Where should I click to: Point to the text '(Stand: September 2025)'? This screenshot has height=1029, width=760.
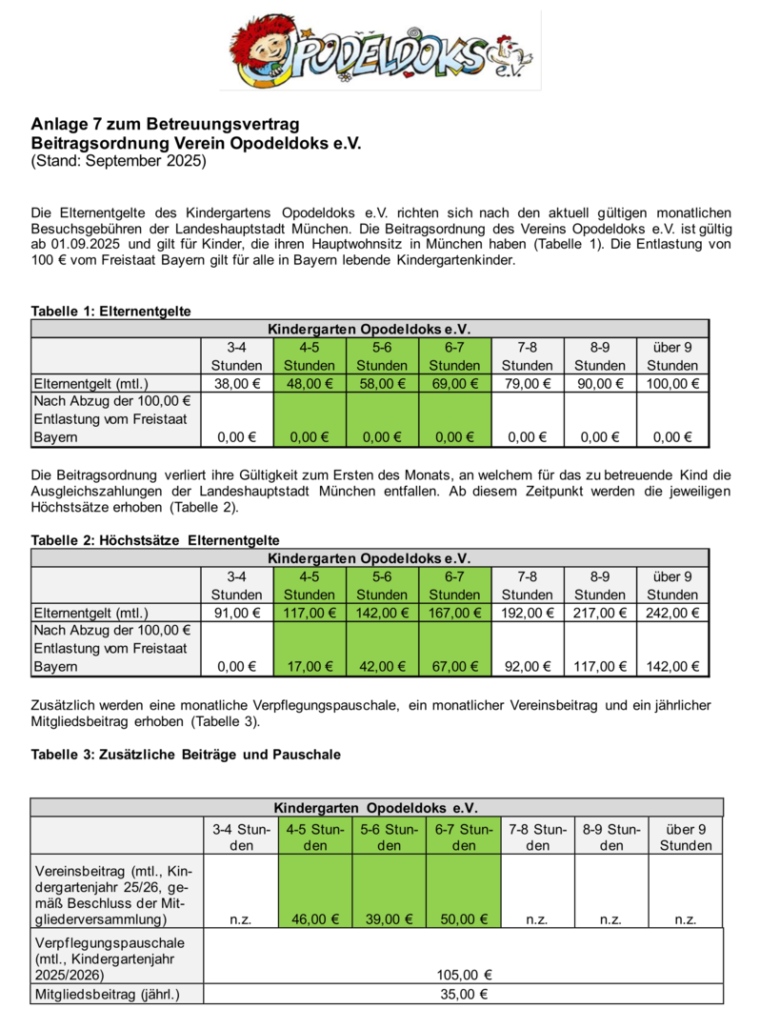(118, 160)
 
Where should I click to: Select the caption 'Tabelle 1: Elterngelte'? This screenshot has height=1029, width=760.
(110, 311)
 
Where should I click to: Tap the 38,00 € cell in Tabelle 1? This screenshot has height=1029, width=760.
(237, 384)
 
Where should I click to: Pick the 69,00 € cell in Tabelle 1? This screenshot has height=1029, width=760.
(454, 384)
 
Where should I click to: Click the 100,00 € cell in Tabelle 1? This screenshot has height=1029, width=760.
(672, 384)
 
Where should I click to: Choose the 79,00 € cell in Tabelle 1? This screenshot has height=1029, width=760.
(527, 384)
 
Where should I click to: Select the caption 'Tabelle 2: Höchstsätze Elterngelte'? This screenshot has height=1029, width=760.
(155, 540)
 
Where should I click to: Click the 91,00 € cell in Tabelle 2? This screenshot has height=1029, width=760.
(237, 613)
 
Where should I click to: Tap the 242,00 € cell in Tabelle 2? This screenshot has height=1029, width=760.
(672, 613)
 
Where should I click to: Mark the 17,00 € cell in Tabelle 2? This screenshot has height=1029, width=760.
(310, 667)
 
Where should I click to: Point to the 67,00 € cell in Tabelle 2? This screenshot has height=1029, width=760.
(454, 667)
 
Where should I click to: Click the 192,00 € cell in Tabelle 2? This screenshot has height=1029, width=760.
(527, 613)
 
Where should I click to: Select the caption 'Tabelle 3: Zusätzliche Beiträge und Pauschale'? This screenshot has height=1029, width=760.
(186, 754)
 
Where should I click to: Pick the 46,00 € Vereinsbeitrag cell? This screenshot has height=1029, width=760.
(315, 919)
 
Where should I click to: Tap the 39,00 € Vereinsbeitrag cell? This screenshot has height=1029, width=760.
(390, 919)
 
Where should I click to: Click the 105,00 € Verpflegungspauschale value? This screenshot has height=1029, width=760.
(464, 975)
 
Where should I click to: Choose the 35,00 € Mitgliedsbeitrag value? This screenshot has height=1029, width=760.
(464, 995)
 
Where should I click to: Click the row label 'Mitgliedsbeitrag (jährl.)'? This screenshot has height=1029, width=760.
(106, 995)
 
